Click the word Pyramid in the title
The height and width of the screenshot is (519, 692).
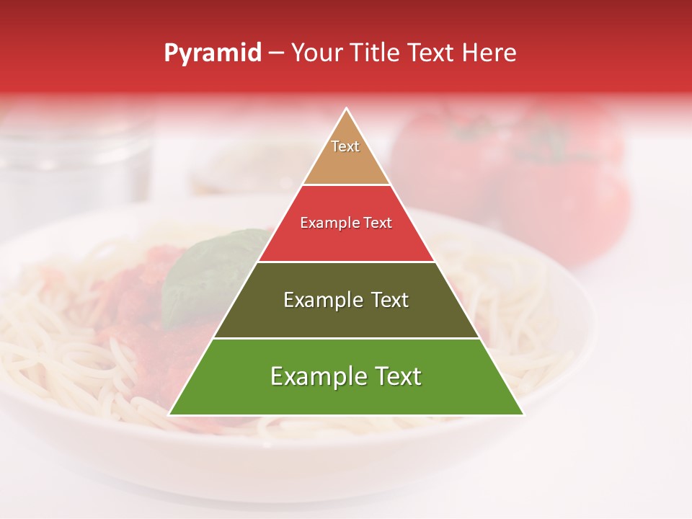pos(213,53)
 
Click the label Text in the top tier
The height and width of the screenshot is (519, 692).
pos(345,146)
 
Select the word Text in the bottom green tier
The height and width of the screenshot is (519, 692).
pos(397,376)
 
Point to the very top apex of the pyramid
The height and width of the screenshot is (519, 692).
pos(347,110)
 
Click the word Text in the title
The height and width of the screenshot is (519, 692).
pos(432,53)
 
